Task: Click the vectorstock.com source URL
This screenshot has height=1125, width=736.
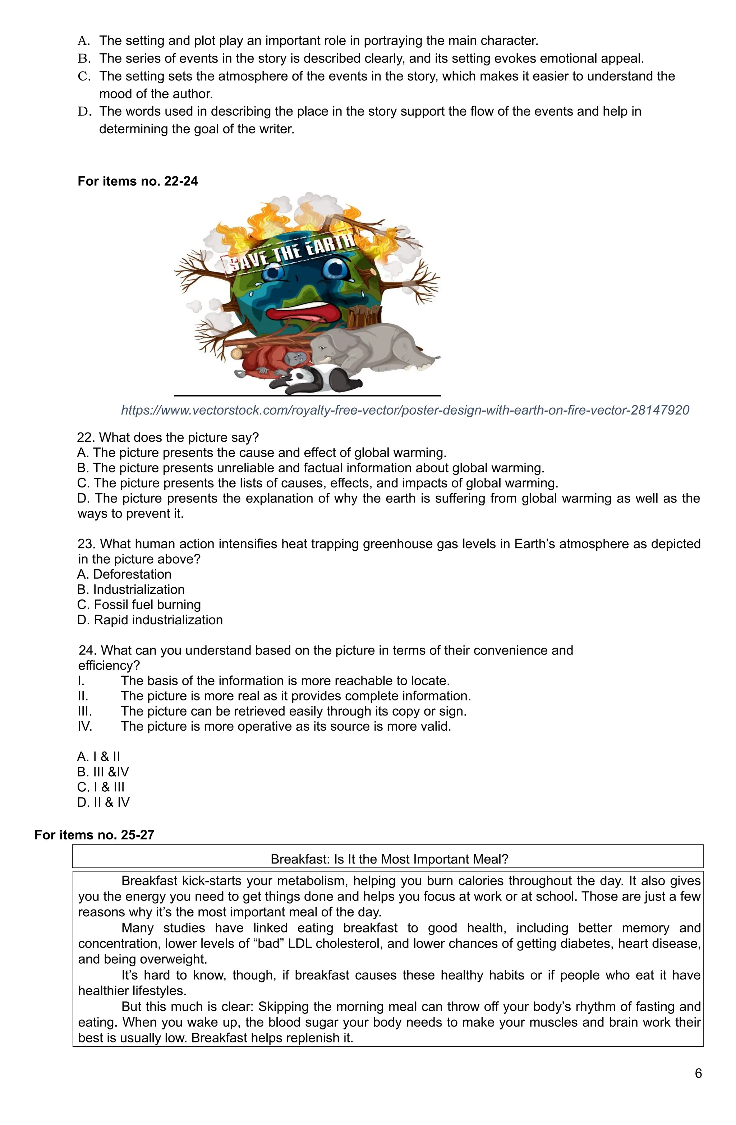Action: [x=405, y=410]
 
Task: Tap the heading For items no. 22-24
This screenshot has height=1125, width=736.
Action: [x=138, y=181]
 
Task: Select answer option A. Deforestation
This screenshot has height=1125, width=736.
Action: [x=124, y=574]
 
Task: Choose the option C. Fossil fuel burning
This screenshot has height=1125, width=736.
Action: [x=139, y=605]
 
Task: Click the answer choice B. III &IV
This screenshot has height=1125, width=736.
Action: [x=103, y=772]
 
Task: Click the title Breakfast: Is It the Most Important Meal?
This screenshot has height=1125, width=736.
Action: [x=389, y=859]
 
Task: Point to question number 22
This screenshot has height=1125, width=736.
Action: [x=86, y=437]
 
